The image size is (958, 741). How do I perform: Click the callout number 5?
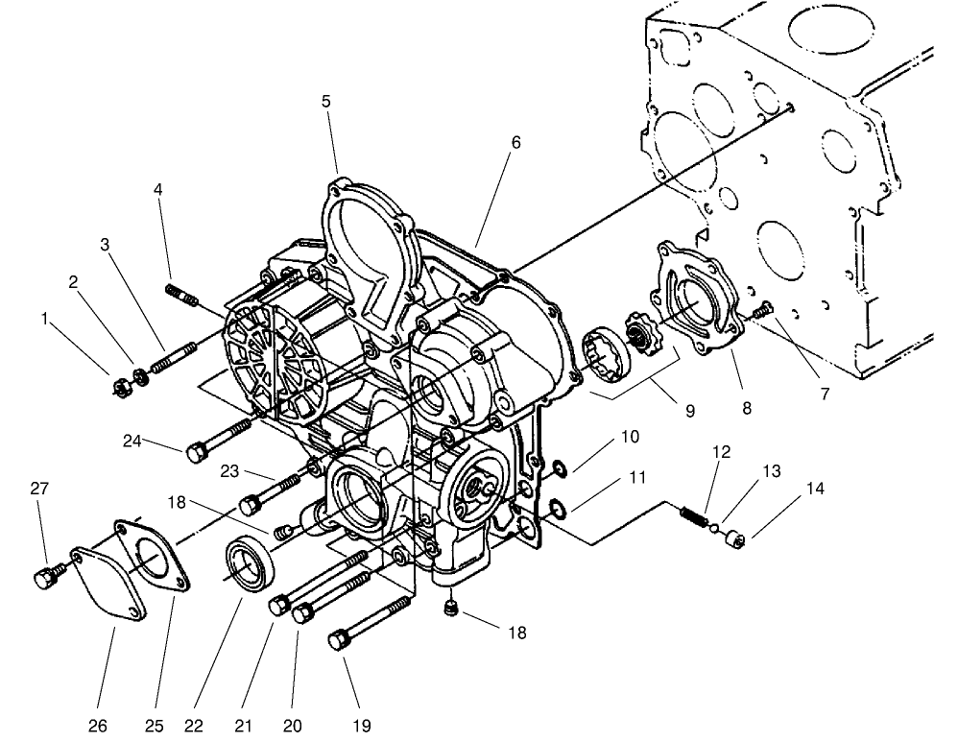327,101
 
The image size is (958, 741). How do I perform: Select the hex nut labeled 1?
122,387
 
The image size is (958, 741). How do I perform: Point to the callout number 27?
38,489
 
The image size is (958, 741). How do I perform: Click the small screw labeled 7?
764,309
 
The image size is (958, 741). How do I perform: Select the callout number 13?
771,471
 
